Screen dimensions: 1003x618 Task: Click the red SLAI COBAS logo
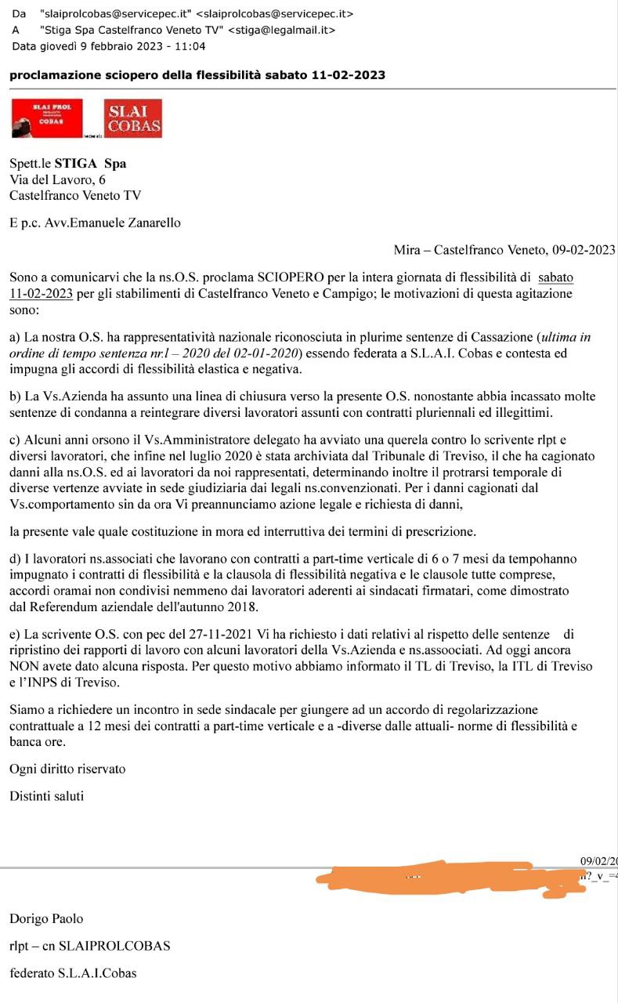[x=134, y=118]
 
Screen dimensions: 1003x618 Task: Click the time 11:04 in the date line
[x=192, y=46]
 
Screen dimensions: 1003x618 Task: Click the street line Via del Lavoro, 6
[x=57, y=179]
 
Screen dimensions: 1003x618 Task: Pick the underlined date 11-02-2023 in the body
[x=42, y=294]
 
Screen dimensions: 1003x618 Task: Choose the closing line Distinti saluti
[x=46, y=796]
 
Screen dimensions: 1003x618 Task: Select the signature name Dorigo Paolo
[x=46, y=918]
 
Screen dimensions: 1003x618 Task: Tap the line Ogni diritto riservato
[x=67, y=769]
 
